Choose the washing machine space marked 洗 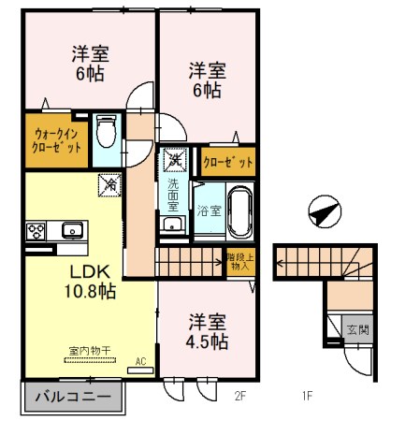click(173, 161)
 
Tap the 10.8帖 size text click(89, 292)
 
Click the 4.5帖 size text click(206, 341)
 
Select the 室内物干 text click(89, 351)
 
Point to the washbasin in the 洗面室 click(171, 225)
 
